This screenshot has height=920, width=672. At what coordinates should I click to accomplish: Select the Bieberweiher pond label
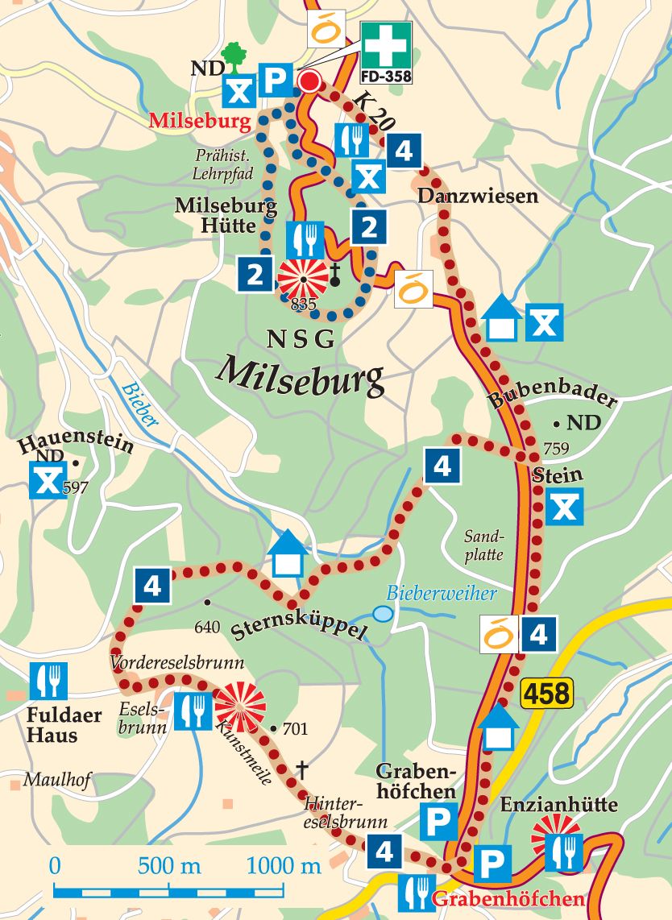click(x=441, y=594)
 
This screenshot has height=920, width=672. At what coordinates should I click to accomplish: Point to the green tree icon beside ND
click(x=235, y=55)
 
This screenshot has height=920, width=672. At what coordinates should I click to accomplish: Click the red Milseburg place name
click(x=201, y=122)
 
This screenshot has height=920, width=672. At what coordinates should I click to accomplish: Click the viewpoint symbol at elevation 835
click(x=303, y=280)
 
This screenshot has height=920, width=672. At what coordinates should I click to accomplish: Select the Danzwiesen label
click(x=477, y=197)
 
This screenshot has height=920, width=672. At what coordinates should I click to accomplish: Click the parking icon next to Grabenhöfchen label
click(x=440, y=823)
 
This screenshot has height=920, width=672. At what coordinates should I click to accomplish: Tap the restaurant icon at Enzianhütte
click(x=563, y=852)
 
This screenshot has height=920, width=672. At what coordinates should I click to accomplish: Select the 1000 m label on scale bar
click(x=283, y=867)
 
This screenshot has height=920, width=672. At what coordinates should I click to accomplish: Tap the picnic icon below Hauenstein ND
click(x=48, y=482)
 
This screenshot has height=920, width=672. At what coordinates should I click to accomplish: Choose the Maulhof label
click(x=48, y=780)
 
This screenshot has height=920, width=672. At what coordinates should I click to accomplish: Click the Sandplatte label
click(x=483, y=545)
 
